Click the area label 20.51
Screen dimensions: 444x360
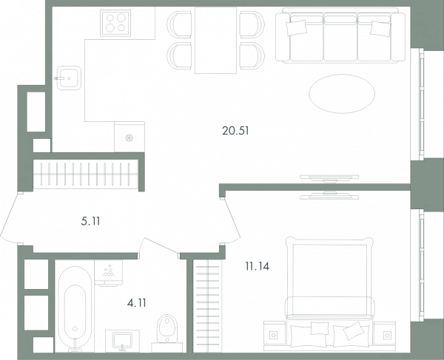[235, 131]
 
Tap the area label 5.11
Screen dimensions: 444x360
[90, 221]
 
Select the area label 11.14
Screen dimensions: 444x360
[258, 266]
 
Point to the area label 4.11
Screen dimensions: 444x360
[136, 303]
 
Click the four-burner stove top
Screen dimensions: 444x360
[115, 23]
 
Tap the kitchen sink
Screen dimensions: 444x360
[69, 78]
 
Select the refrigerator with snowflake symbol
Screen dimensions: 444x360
[129, 137]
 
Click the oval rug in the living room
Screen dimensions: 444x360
[342, 94]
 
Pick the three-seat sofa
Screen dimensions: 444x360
[340, 35]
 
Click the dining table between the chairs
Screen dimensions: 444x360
[216, 40]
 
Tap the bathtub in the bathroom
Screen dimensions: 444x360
[75, 309]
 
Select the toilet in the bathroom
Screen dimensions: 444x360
[167, 328]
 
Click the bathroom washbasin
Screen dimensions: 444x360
[122, 341]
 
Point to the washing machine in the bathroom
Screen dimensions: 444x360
[109, 273]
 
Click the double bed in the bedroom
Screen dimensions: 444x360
[329, 292]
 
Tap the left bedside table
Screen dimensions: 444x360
[274, 335]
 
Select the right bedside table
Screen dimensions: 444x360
[385, 335]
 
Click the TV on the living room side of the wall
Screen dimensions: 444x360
[329, 178]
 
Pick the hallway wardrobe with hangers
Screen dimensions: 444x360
[86, 174]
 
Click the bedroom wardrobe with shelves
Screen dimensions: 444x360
[208, 306]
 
